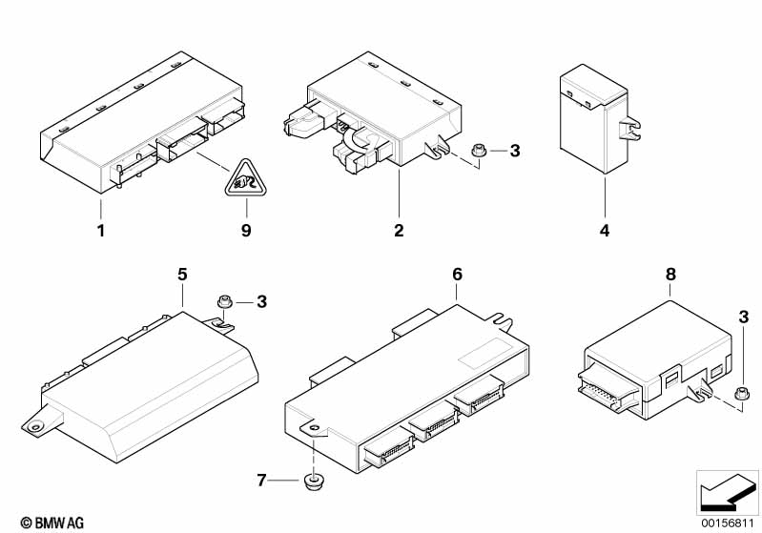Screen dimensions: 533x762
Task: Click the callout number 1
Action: (x=100, y=231)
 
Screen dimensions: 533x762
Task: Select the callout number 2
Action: (x=399, y=231)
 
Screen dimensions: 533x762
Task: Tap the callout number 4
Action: (x=605, y=231)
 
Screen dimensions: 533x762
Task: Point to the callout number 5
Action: (x=181, y=275)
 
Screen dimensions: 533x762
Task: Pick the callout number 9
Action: (x=245, y=231)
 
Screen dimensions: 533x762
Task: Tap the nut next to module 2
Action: (x=480, y=150)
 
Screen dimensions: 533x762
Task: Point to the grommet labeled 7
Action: (x=311, y=479)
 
